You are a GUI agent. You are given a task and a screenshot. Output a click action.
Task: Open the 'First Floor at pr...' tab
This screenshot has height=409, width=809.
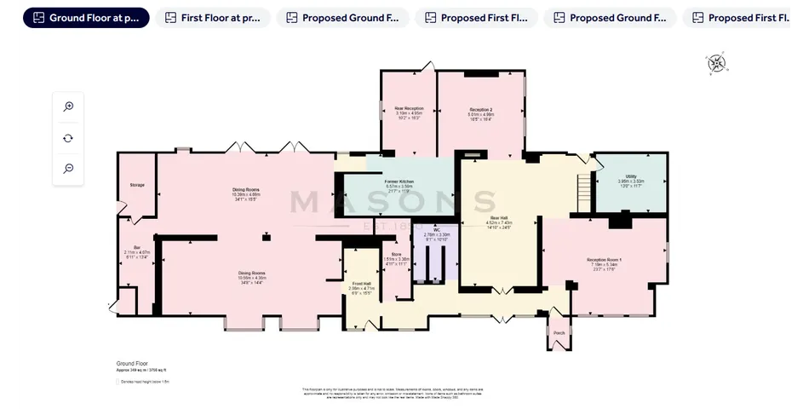click(x=213, y=18)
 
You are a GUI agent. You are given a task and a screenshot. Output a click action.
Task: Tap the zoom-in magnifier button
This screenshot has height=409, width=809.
click(x=68, y=107)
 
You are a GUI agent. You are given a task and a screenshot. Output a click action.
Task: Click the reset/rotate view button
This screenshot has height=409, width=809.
click(x=68, y=138)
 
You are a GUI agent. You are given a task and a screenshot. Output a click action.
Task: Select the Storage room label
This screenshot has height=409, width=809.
click(x=137, y=184)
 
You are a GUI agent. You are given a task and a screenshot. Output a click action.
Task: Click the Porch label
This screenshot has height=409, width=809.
click(x=559, y=332)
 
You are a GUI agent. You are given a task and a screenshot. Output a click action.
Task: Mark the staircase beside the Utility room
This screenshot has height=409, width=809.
click(x=583, y=194)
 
